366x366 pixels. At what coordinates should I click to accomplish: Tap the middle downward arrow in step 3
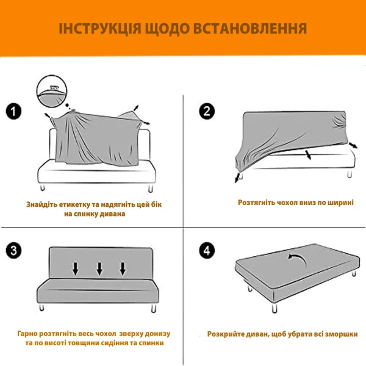[99, 268]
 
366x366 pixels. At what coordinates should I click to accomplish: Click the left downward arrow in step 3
[76, 268]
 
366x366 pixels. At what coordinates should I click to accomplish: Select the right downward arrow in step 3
[123, 268]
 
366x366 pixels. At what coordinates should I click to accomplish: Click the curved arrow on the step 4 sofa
[297, 259]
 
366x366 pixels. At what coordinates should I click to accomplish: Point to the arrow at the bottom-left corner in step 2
[235, 176]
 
